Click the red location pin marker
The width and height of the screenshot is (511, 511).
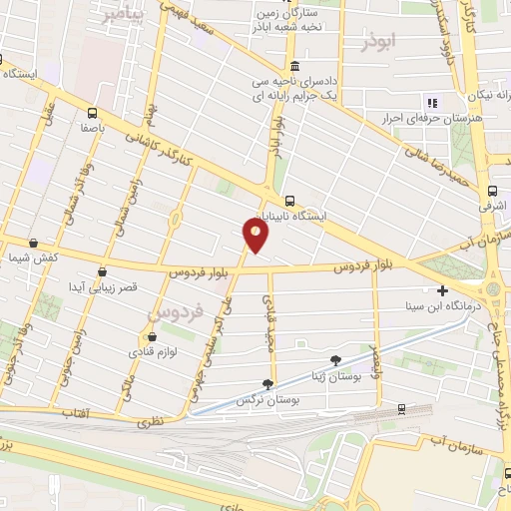[255, 235]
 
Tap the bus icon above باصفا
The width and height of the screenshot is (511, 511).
[92, 113]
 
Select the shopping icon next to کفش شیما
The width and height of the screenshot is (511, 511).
[34, 243]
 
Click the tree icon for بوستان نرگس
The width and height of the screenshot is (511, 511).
[267, 384]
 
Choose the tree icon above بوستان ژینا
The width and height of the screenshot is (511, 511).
[334, 359]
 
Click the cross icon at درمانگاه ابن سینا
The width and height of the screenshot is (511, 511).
[442, 290]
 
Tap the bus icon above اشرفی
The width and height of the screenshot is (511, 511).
[492, 191]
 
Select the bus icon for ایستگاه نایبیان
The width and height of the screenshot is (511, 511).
[289, 200]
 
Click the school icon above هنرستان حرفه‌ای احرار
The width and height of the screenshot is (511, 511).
[432, 103]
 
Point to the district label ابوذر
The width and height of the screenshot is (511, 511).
[380, 44]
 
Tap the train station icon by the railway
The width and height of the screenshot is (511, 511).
[400, 408]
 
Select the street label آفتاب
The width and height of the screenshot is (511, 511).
[76, 412]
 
